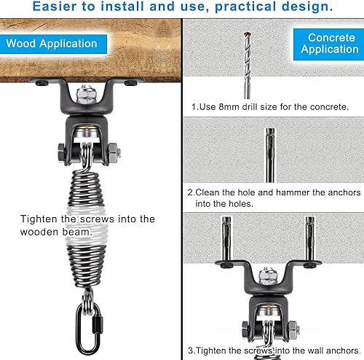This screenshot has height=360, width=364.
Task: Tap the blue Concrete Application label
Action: point(331,44)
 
